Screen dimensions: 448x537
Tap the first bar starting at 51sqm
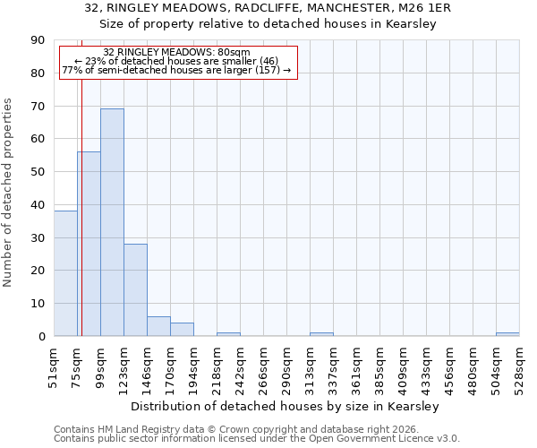(65, 273)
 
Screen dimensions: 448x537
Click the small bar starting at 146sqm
(158, 326)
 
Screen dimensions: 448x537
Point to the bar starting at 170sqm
(182, 329)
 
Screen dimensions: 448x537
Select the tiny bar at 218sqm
(228, 334)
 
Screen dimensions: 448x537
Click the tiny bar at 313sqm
(321, 334)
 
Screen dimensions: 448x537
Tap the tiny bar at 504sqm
(507, 334)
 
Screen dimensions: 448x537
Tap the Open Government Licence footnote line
(257, 439)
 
